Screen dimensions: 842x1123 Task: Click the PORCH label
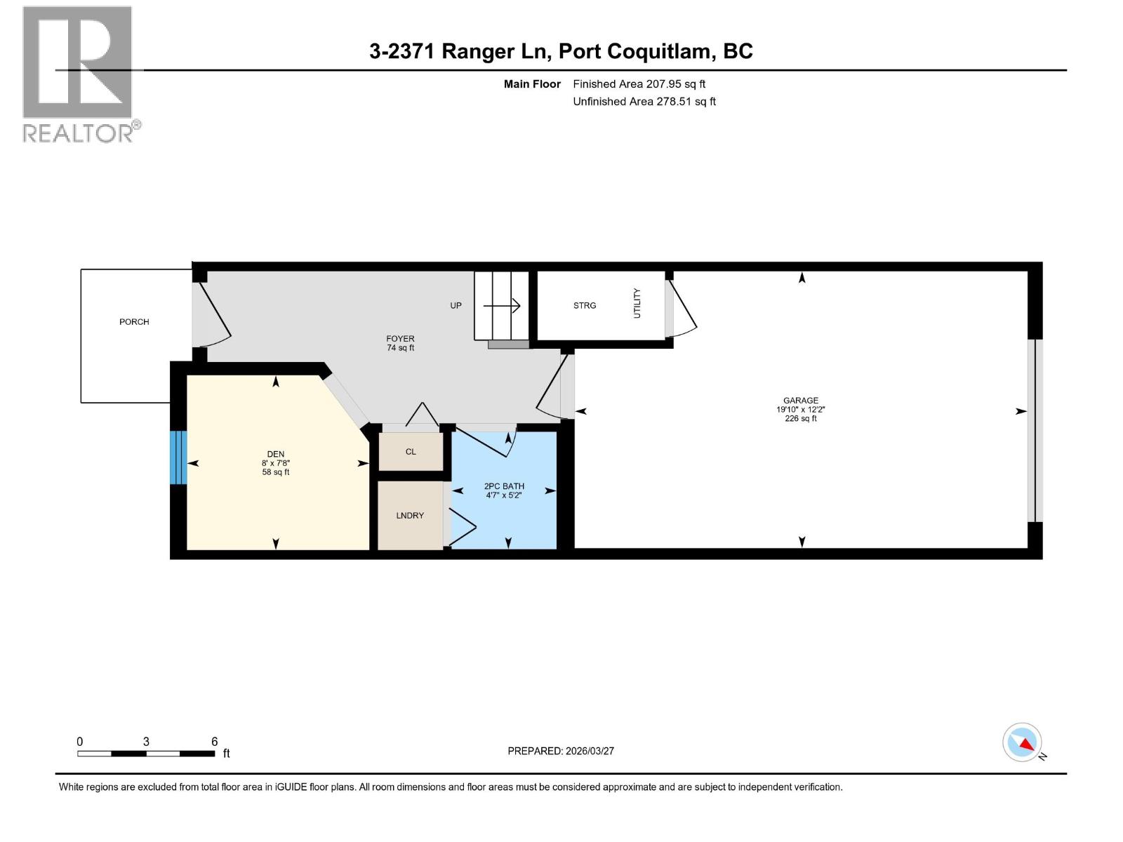pos(134,322)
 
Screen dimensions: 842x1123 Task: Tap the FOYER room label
pos(400,339)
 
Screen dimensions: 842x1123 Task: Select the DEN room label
pos(276,454)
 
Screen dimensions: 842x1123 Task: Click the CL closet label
pos(411,452)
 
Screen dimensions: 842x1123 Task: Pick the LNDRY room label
pos(410,516)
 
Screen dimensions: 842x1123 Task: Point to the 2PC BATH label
pos(504,486)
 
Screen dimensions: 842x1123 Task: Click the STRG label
pos(585,306)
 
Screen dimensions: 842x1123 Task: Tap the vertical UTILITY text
pos(637,303)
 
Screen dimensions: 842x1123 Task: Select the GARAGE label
pos(801,401)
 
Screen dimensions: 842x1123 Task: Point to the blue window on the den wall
pos(178,457)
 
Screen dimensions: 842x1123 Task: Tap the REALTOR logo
pos(79,74)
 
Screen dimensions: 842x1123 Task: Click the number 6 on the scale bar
pos(215,742)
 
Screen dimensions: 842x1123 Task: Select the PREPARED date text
pos(561,751)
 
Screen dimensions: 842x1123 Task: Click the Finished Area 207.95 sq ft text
pos(639,84)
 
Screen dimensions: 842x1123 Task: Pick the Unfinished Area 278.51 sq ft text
pos(644,102)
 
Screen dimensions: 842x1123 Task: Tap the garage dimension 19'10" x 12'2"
pos(801,410)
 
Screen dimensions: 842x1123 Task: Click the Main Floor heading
pos(532,84)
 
